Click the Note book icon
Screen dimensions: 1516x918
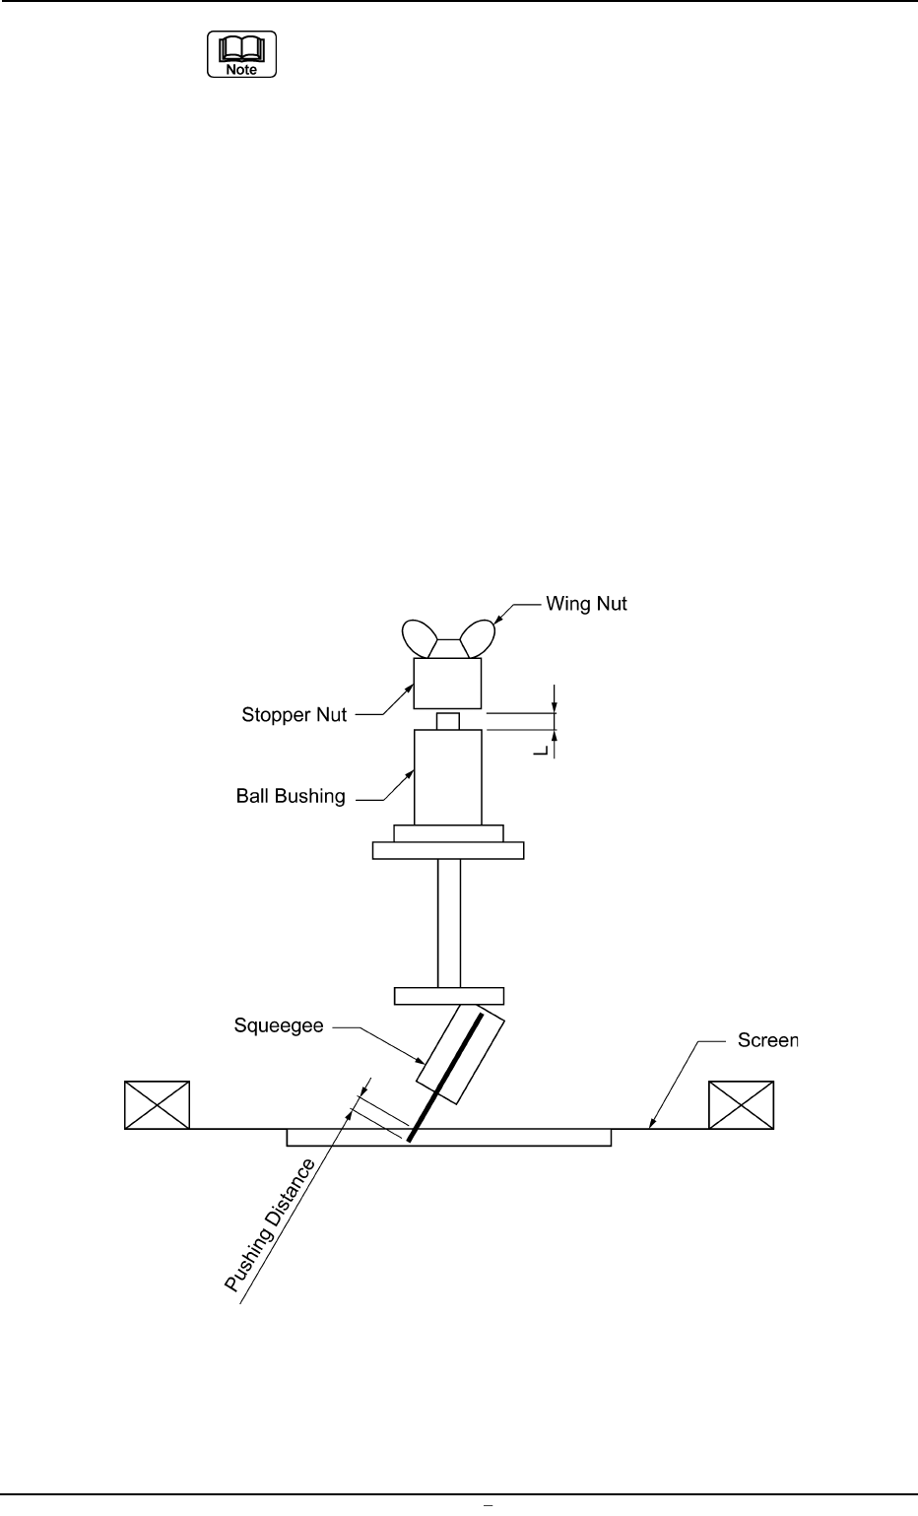pyautogui.click(x=241, y=55)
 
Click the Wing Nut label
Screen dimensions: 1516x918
pyautogui.click(x=586, y=604)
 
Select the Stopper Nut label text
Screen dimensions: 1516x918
pyautogui.click(x=294, y=714)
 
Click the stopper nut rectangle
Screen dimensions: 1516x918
pyautogui.click(x=447, y=684)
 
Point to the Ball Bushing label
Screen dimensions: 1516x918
pyautogui.click(x=291, y=795)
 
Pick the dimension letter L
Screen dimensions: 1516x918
pyautogui.click(x=540, y=751)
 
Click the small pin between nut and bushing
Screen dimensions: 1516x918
pyautogui.click(x=448, y=720)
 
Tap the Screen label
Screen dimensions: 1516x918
pyautogui.click(x=768, y=1040)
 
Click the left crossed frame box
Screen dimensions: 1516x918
pyautogui.click(x=157, y=1104)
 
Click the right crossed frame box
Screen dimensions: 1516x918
pyautogui.click(x=742, y=1104)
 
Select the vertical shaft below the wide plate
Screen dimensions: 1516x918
pyautogui.click(x=449, y=923)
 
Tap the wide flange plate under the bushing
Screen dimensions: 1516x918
pyautogui.click(x=448, y=850)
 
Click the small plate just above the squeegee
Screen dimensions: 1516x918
pyautogui.click(x=448, y=996)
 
